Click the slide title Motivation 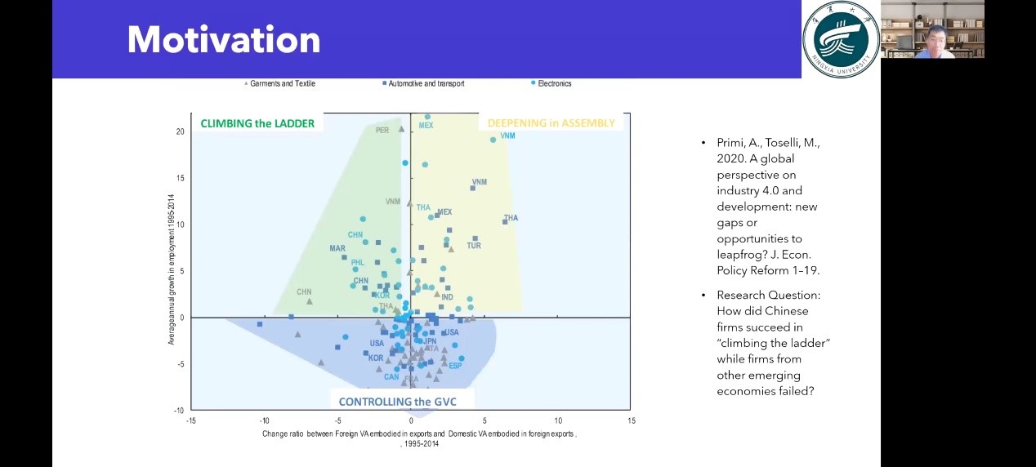pos(223,39)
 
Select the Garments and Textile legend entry pos(282,83)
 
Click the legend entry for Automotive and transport pos(426,83)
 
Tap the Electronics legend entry pos(555,83)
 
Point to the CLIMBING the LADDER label pos(257,123)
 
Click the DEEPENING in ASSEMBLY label pos(551,123)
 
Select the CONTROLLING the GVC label pos(397,402)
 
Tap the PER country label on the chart pos(382,131)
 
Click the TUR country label pos(474,246)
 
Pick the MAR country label pos(337,248)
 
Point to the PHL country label pos(357,263)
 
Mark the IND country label pos(447,298)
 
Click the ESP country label pos(455,366)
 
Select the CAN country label pos(391,377)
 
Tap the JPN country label pos(430,342)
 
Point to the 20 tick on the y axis pos(181,131)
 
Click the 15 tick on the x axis pos(631,420)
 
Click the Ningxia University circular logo pos(841,39)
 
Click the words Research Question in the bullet pos(768,295)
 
